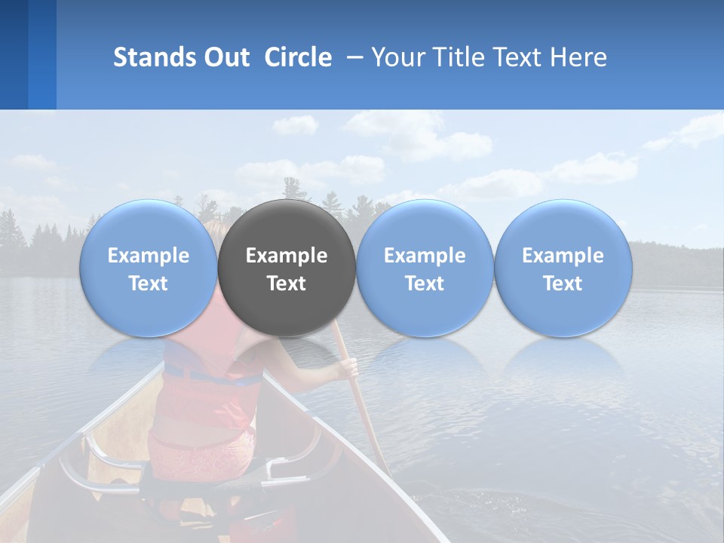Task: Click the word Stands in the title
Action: pos(155,57)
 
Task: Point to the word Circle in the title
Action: pos(298,57)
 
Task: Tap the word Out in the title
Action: pos(227,57)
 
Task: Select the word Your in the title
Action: pos(399,57)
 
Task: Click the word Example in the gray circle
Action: pos(287,256)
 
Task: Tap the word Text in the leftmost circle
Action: pos(148,284)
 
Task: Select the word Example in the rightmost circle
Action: pos(563,256)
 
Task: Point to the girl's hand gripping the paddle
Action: pos(348,367)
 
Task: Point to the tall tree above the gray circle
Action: pos(286,189)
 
